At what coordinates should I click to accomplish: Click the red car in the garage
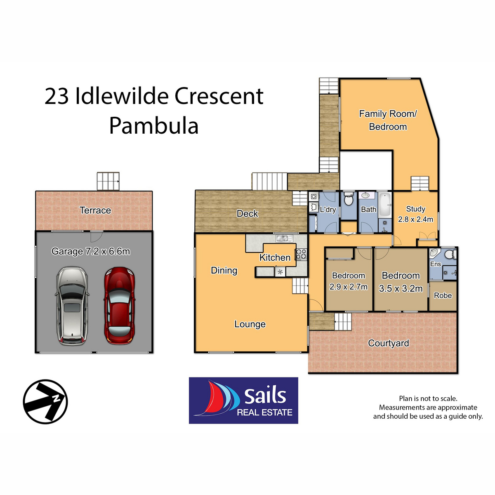(119, 305)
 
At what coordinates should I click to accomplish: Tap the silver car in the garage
(72, 305)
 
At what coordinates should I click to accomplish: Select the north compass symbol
(45, 401)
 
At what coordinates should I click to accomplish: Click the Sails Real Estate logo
(243, 401)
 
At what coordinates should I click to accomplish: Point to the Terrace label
(95, 210)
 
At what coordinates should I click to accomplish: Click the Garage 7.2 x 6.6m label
(91, 251)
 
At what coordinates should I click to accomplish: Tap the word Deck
(247, 213)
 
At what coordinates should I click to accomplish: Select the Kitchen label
(275, 257)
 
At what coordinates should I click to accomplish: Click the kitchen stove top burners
(301, 255)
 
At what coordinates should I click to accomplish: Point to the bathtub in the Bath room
(384, 204)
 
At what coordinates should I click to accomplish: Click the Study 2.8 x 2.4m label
(415, 214)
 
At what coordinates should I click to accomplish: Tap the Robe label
(443, 295)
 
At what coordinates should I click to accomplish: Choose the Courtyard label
(389, 343)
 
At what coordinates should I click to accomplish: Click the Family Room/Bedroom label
(388, 120)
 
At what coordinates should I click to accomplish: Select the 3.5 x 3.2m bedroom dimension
(401, 288)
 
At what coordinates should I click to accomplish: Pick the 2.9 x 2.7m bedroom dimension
(349, 287)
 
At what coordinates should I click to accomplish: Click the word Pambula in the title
(154, 126)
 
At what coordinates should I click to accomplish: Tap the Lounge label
(250, 324)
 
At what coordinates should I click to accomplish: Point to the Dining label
(224, 270)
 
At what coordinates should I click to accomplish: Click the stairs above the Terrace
(108, 181)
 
